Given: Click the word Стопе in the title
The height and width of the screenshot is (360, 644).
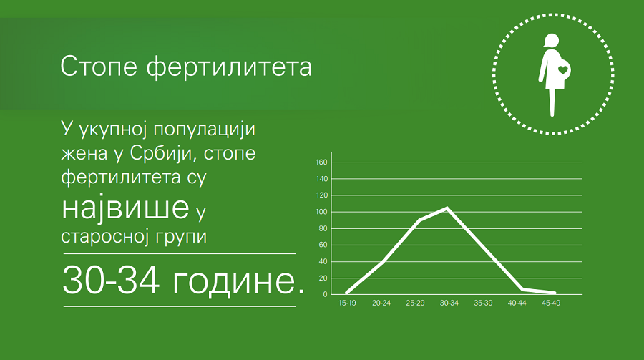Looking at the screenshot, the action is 99,67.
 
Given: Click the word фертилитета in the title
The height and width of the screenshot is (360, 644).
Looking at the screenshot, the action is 229,67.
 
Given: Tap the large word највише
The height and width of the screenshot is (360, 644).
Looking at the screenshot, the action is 125,208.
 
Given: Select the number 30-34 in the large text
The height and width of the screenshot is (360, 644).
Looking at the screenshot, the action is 111,280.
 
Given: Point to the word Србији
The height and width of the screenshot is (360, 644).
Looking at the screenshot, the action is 162,154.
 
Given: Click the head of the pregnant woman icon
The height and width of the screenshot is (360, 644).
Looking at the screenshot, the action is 551,41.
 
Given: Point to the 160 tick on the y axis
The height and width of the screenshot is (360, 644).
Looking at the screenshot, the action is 321,162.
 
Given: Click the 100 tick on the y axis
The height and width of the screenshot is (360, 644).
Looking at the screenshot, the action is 321,212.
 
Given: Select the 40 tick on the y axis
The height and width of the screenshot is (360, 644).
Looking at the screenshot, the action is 323,262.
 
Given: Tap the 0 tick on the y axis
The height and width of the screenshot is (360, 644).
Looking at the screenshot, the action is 326,295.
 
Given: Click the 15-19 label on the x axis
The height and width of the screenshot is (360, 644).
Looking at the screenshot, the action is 347,303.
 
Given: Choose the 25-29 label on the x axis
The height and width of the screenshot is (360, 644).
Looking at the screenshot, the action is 415,303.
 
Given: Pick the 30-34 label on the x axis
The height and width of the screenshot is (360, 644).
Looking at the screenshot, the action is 449,303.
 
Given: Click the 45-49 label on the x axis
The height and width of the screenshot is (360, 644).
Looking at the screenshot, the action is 551,303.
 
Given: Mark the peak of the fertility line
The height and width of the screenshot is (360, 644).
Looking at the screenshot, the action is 447,208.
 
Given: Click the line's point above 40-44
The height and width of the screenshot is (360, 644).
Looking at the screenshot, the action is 522,289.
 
